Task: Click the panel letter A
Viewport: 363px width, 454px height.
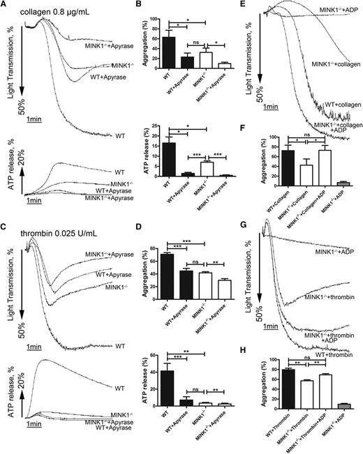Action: (5, 5)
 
